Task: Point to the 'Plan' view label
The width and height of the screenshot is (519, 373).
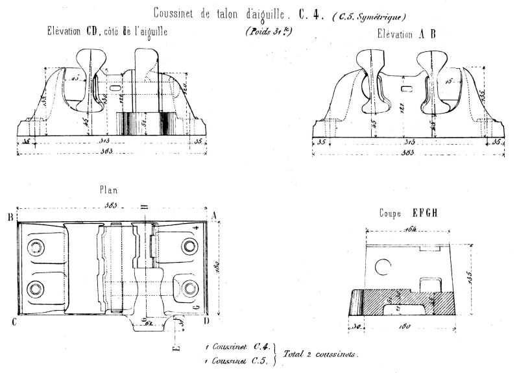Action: (109, 190)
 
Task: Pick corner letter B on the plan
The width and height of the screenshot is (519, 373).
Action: (11, 217)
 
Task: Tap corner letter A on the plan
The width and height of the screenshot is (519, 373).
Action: (214, 217)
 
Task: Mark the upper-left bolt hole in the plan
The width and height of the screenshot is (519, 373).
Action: (36, 246)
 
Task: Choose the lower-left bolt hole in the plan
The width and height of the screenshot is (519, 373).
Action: (36, 286)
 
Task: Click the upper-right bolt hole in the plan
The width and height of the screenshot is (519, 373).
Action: (189, 246)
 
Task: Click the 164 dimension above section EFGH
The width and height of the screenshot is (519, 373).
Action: (409, 230)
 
